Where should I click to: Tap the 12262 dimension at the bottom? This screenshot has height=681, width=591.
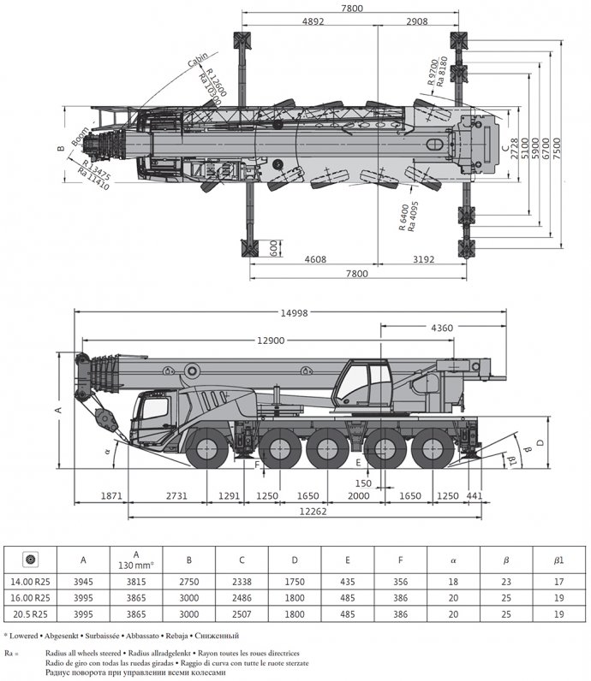click(316, 511)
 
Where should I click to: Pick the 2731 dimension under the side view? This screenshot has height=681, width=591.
click(175, 494)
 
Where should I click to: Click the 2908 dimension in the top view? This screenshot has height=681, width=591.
click(419, 21)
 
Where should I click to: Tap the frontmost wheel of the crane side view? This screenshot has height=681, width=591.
click(209, 451)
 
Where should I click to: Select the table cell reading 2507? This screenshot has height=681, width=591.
click(242, 615)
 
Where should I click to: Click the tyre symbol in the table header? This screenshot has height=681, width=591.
click(30, 560)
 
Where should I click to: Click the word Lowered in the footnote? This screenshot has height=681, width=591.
click(32, 635)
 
